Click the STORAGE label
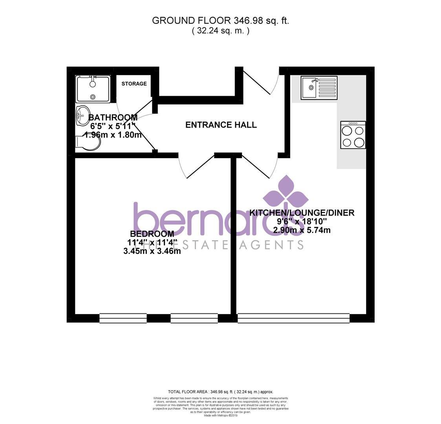coord(134,84)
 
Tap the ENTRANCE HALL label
coord(221,125)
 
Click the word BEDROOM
coord(150,234)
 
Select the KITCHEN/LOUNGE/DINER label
coord(302,213)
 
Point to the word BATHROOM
coord(113,117)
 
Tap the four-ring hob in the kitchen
coord(353,135)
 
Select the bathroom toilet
coord(89,142)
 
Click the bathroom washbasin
coord(83,115)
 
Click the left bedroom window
coord(123,318)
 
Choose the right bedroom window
coord(194,318)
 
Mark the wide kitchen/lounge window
coord(293,318)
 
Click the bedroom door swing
coord(195,167)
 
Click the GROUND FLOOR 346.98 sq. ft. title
coord(220,21)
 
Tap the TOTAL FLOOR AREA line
coord(220,392)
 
